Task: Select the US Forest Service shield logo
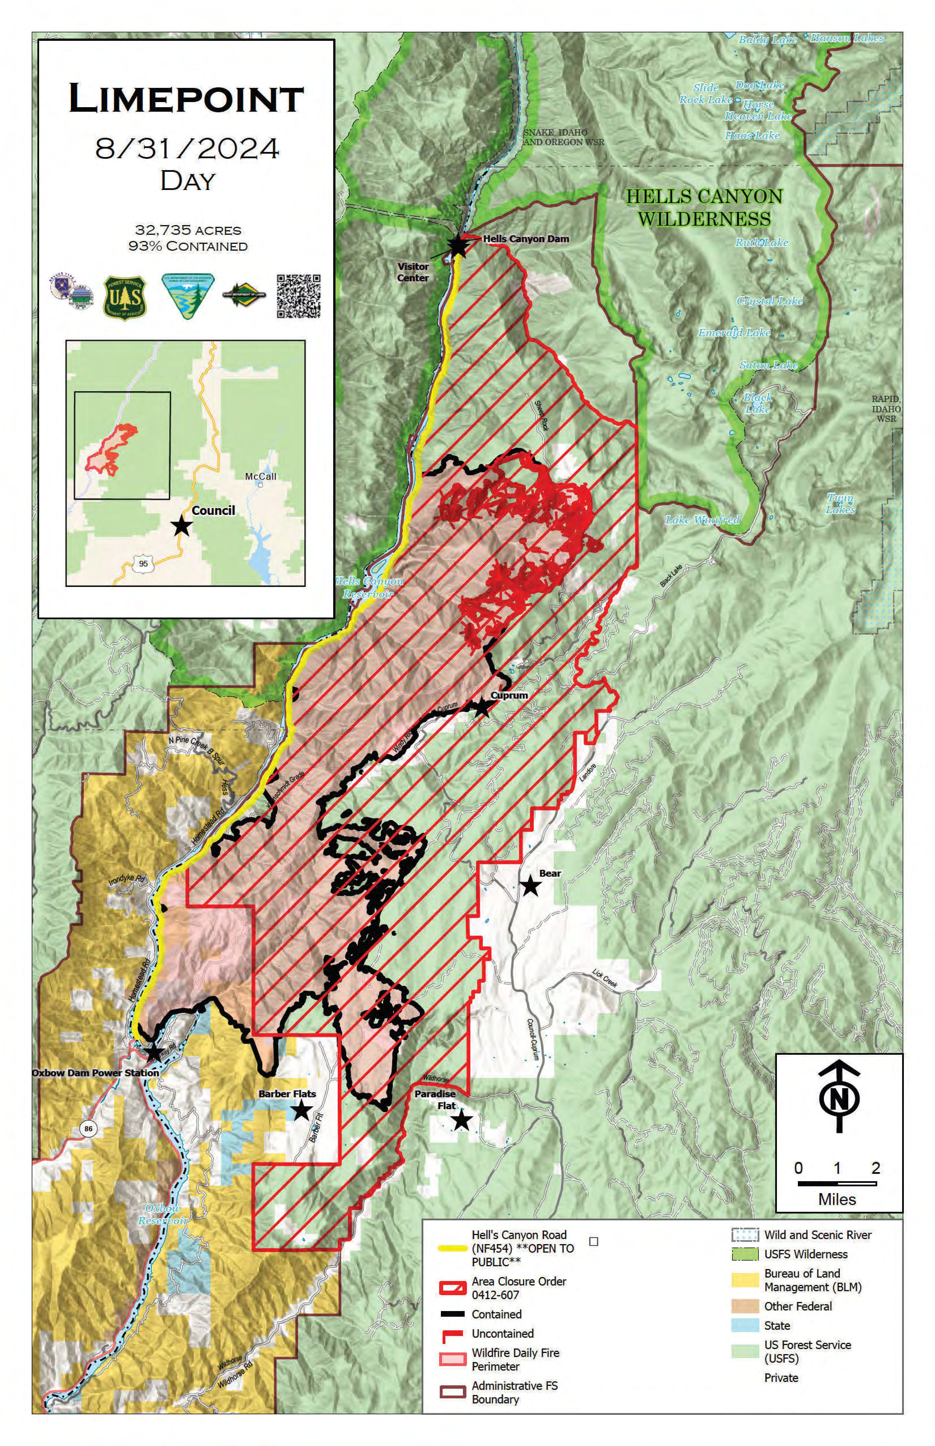pos(125,297)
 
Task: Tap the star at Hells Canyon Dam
pos(458,246)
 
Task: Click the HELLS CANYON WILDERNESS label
pos(704,207)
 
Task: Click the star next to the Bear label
pos(531,886)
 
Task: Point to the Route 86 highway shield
pos(89,1129)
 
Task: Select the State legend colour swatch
pos(745,1325)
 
